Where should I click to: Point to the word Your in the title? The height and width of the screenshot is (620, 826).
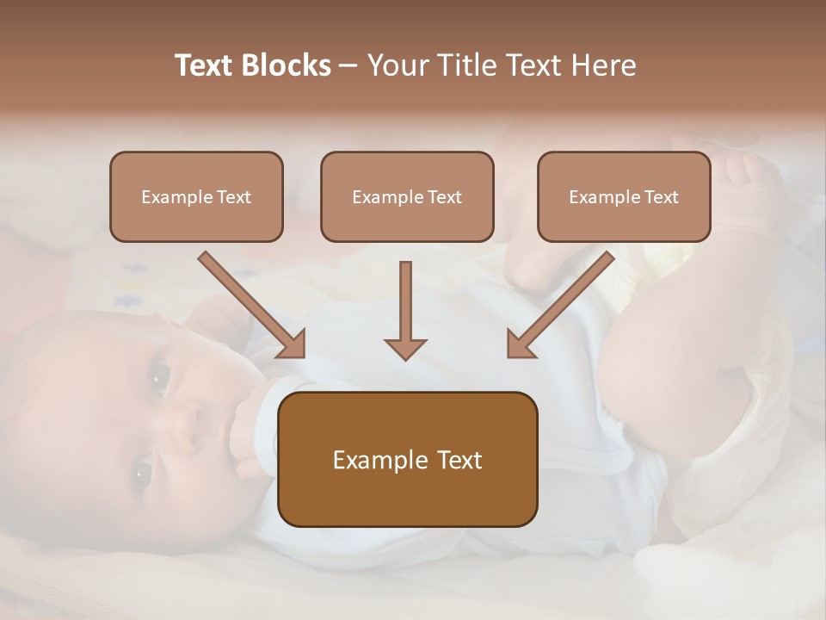398,65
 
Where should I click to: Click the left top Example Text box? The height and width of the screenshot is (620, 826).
196,196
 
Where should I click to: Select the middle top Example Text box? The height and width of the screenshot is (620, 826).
407,196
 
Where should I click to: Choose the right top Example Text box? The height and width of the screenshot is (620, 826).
624,196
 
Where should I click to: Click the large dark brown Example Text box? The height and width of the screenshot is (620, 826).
407,459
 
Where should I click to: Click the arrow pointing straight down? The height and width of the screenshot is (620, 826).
405,310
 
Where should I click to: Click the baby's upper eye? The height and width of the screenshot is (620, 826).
159,375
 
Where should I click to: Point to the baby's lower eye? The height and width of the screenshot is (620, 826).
141,472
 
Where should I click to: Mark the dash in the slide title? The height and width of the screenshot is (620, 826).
348,65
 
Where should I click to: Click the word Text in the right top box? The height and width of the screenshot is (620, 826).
660,196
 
